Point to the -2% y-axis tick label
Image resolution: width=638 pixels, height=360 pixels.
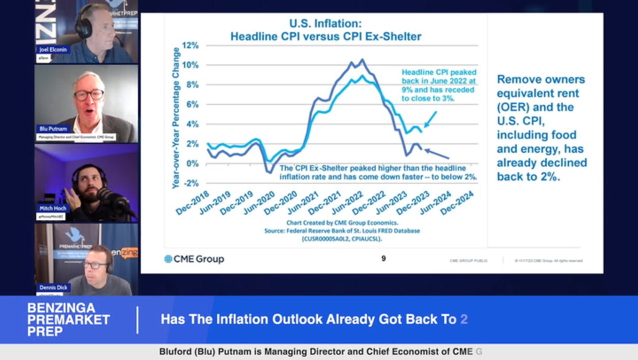click(191, 183)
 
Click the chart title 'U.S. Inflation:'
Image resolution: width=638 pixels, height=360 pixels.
click(325, 23)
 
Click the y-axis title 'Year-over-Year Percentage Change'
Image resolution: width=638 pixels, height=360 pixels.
click(176, 117)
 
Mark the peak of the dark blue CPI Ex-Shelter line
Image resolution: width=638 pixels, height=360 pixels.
click(362, 59)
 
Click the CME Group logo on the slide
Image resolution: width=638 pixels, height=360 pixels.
click(194, 259)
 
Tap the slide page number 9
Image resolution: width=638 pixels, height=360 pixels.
click(383, 258)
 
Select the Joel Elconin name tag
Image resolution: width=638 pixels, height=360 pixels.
click(53, 50)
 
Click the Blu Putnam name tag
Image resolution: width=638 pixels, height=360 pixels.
click(52, 128)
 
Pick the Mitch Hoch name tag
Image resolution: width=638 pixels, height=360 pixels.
click(52, 208)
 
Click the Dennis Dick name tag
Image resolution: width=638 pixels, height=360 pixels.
click(52, 287)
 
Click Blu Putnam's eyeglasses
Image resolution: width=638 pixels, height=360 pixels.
click(88, 94)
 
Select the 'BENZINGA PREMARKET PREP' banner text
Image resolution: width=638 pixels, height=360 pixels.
click(68, 319)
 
